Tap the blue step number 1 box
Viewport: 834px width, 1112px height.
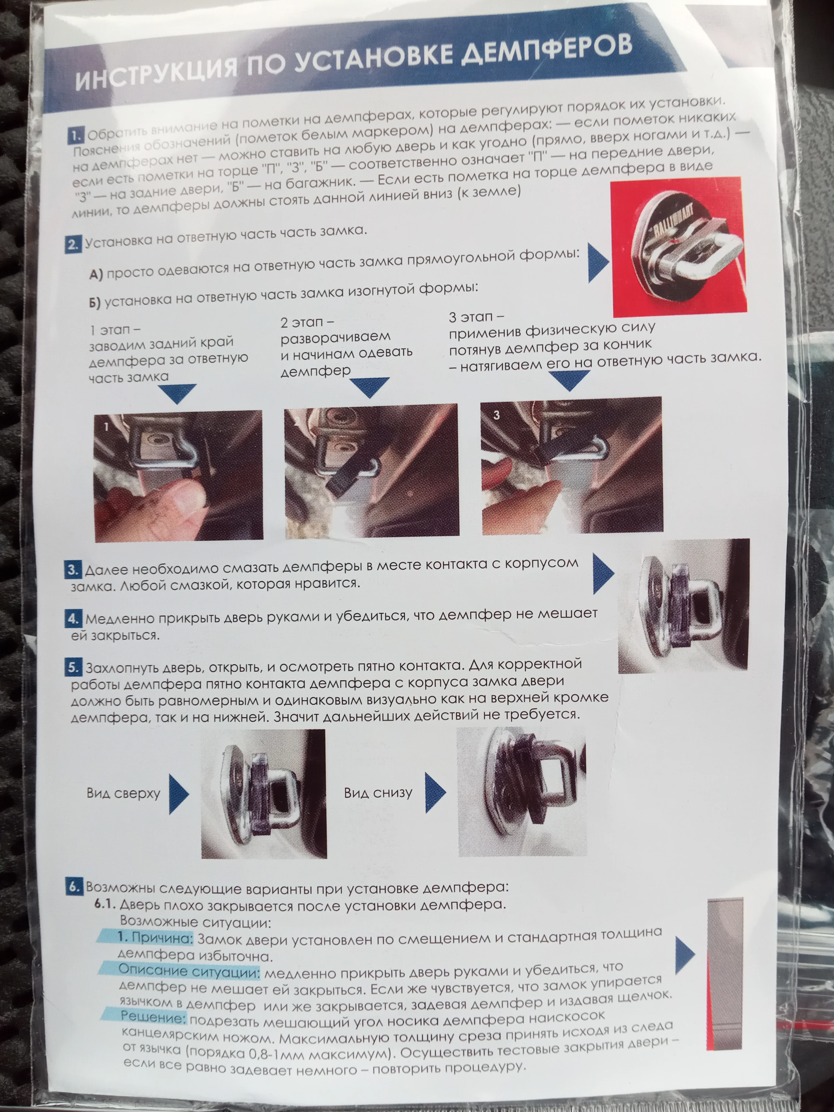(x=75, y=136)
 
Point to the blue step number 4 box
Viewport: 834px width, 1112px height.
(x=73, y=618)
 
